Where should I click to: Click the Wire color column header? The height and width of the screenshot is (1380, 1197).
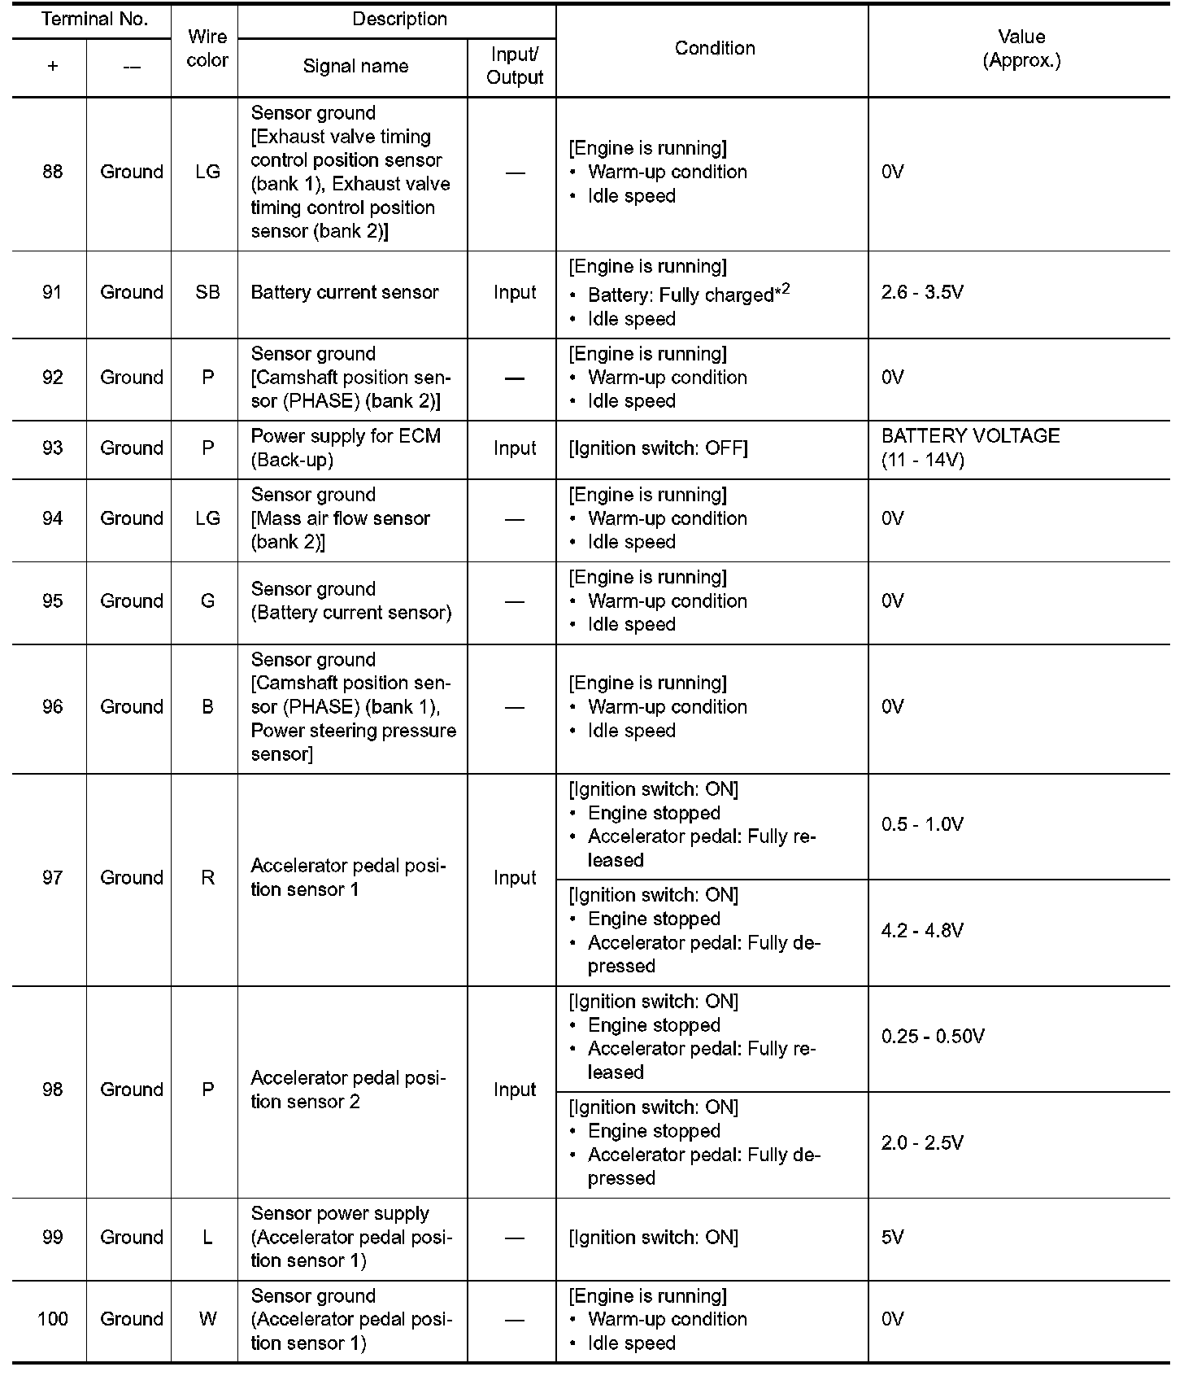207,49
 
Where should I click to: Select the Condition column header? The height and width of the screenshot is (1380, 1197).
714,49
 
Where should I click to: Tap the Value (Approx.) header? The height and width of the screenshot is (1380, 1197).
1021,49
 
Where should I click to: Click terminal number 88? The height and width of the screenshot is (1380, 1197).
52,172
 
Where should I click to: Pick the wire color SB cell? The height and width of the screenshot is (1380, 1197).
207,293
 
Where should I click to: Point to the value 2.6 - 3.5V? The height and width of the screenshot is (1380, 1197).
922,293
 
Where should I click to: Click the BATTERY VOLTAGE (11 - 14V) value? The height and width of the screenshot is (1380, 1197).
970,448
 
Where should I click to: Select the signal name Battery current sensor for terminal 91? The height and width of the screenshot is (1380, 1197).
345,293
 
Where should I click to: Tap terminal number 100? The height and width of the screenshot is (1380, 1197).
52,1319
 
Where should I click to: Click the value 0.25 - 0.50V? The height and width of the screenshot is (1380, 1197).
933,1037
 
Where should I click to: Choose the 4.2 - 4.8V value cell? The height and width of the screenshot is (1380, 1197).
922,931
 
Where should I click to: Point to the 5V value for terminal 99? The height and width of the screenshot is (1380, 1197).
892,1238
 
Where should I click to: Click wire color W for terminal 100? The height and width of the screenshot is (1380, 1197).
207,1319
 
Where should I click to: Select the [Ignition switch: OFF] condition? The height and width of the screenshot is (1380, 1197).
658,448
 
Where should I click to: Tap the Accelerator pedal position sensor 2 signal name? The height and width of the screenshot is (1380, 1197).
348,1090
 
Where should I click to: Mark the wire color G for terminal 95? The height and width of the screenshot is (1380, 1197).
207,601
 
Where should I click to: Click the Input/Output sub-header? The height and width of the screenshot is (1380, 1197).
515,67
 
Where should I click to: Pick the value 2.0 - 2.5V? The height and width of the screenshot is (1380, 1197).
922,1143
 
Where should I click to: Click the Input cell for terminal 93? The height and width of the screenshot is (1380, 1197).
515,448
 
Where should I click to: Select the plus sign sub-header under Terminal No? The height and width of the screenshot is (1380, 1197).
52,67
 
